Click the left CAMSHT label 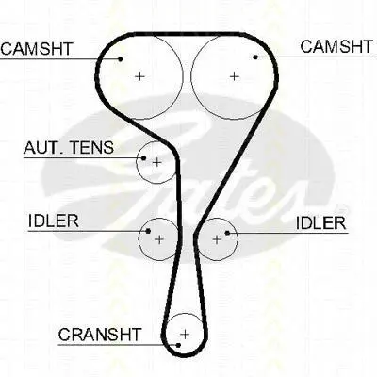coord(37,49)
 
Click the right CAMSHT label coord(336,46)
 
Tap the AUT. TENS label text coord(69,147)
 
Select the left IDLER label coord(54,221)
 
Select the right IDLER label coord(320,223)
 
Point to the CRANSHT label coord(100,335)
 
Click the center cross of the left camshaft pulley coord(139,76)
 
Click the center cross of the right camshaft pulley coord(234,76)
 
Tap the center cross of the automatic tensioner coord(156,162)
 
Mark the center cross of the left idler coord(159,239)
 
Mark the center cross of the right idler coord(217,239)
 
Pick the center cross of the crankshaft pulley coord(185,334)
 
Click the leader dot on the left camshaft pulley coord(121,58)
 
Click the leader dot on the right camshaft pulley coord(255,57)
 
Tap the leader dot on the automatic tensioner coord(144,158)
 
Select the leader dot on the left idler coord(148,231)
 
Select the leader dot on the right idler coord(227,233)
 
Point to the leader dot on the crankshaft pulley coord(178,345)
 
